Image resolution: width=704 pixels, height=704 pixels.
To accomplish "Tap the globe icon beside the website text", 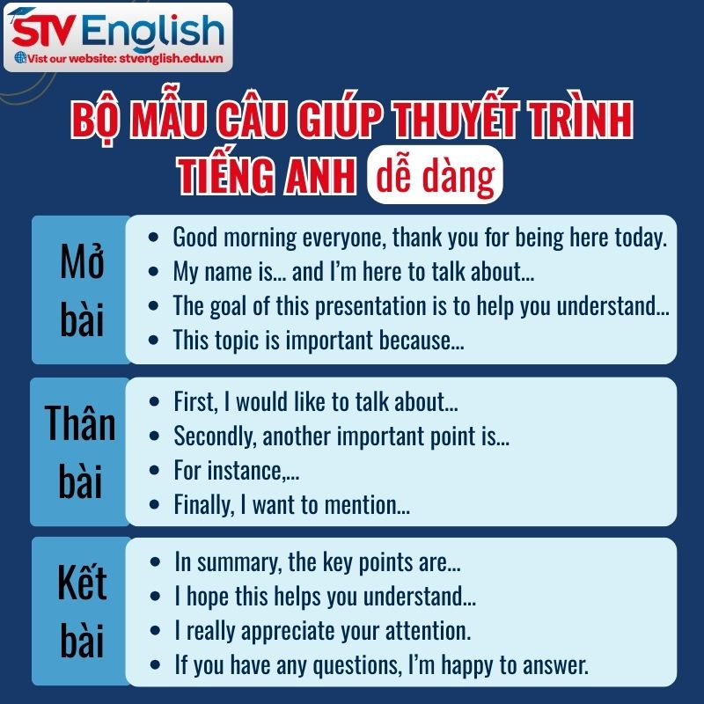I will pos(21,58).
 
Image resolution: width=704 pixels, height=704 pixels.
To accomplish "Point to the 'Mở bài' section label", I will pos(81,290).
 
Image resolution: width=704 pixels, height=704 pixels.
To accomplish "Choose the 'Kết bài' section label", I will pos(81,612).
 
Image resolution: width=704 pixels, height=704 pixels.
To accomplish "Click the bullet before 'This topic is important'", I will pos(155,340).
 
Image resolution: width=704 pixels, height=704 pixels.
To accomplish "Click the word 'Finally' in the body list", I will pos(201,505).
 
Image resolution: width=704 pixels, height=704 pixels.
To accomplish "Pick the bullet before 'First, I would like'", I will pos(155,402).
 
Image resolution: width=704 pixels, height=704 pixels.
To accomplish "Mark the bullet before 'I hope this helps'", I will pos(155,596).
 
